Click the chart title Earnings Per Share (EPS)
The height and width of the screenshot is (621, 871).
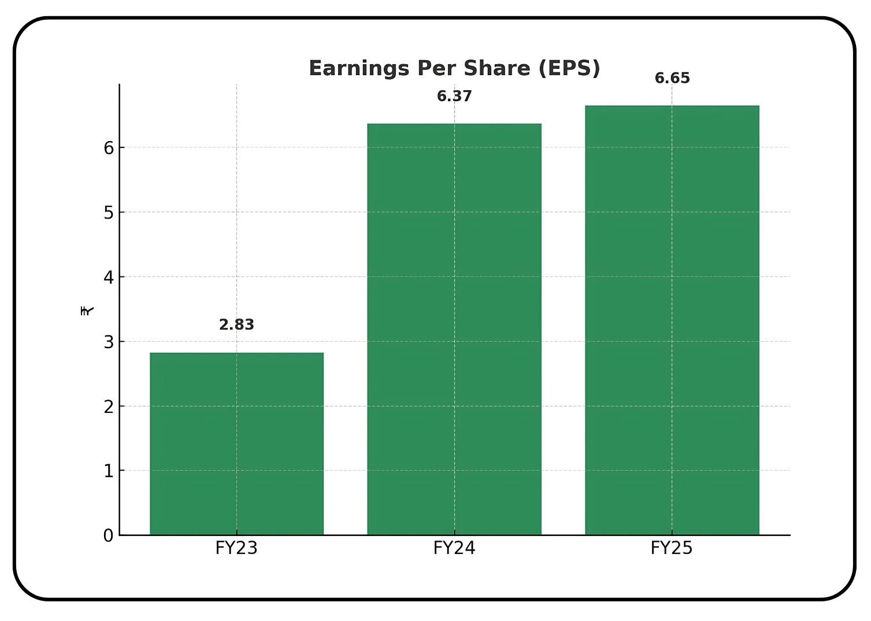[x=454, y=68]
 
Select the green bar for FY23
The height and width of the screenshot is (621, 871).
[x=236, y=443]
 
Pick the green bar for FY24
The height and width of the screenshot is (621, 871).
[x=454, y=329]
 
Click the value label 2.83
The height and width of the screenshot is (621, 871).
[x=236, y=325]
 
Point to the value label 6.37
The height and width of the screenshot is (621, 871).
[x=454, y=96]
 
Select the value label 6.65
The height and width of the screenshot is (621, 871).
[x=672, y=78]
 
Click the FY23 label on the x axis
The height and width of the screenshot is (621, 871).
[x=236, y=548]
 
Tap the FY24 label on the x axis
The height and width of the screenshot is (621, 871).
[x=454, y=548]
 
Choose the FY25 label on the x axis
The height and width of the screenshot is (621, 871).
[x=672, y=548]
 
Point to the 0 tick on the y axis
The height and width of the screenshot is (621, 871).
[x=109, y=535]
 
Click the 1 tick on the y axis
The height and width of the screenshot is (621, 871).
[x=109, y=471]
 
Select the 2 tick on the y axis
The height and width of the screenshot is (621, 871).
[x=109, y=406]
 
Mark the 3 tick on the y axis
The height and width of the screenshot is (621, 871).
[x=109, y=342]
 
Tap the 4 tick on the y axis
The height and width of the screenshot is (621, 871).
[x=109, y=278]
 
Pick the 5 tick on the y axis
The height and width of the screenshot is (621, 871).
[x=109, y=213]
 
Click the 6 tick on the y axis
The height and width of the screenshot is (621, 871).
[x=109, y=148]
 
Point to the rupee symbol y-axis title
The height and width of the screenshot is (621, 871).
[x=87, y=310]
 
